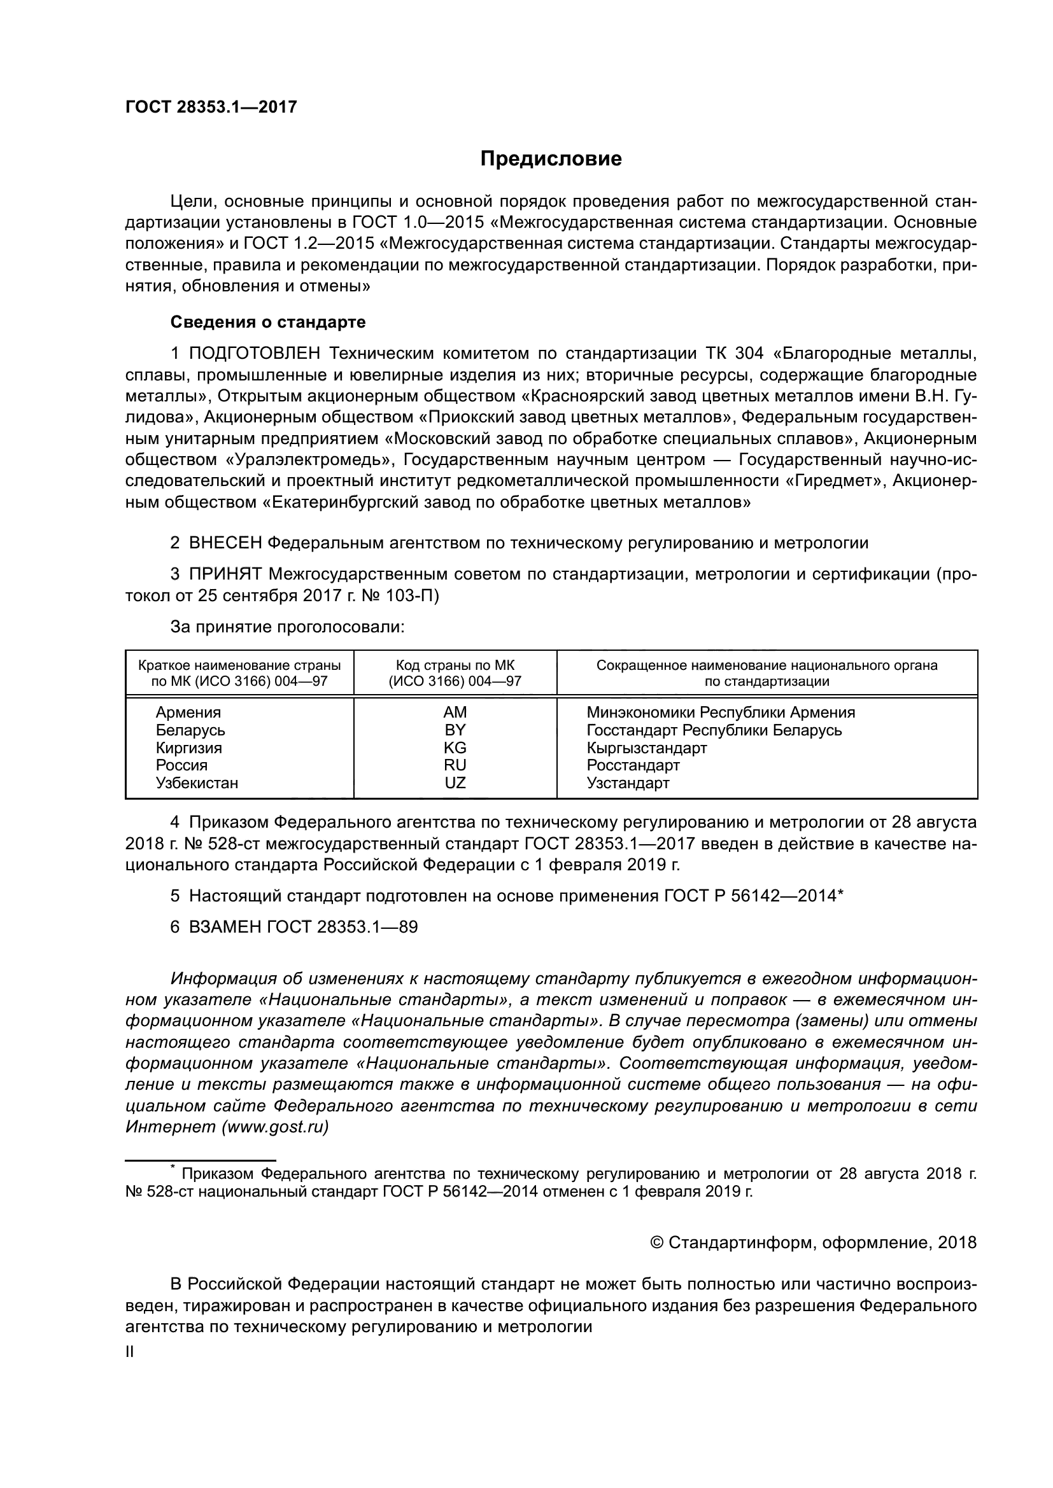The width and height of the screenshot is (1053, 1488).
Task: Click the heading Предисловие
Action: point(551,159)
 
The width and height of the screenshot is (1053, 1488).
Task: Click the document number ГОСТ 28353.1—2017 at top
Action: point(211,107)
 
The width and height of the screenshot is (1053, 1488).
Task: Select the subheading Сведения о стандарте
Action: point(268,322)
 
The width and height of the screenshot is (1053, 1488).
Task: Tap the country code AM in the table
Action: point(455,713)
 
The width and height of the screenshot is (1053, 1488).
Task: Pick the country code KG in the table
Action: point(455,748)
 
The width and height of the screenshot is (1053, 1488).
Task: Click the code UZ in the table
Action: point(455,783)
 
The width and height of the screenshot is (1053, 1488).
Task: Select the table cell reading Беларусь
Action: point(190,730)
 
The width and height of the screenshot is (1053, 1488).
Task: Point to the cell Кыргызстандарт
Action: point(646,748)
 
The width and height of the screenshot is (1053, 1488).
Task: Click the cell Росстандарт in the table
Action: point(633,765)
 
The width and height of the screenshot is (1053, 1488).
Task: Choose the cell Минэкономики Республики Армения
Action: point(721,713)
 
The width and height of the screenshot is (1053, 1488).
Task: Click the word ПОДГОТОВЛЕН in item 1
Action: point(254,354)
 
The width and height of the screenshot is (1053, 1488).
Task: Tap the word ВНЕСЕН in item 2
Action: point(225,543)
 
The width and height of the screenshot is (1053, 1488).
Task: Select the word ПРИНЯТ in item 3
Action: point(225,575)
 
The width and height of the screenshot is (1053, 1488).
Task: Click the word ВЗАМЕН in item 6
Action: point(225,928)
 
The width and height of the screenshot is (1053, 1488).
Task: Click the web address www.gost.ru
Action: point(275,1127)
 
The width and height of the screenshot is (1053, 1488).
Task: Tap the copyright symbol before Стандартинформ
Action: point(656,1243)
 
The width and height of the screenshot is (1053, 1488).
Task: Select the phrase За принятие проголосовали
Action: point(287,627)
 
